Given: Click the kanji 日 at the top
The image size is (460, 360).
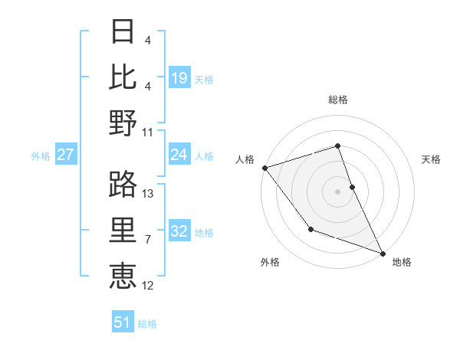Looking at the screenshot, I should tap(123, 32).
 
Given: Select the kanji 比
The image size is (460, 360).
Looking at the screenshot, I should tap(123, 77).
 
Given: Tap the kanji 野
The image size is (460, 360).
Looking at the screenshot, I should tap(123, 123).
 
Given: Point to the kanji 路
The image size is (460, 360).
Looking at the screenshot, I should tap(123, 184).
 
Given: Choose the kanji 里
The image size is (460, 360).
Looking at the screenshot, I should tap(123, 230).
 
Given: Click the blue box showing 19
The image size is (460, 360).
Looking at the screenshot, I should tap(179, 77).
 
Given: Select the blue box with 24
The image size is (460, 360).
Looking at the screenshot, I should tap(179, 155).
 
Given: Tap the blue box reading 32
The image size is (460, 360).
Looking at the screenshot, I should tap(179, 232).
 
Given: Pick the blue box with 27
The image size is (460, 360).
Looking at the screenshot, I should tap(66, 155).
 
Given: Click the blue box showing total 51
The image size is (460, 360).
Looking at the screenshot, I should tap(123, 322).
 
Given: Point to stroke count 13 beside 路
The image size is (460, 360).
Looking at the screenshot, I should tap(149, 193).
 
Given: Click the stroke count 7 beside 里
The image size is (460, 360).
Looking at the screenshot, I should tap(149, 240).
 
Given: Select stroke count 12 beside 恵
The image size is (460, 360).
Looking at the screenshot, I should tap(149, 286).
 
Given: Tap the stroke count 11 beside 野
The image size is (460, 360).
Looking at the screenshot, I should tap(149, 132).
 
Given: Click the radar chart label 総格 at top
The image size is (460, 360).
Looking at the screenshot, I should tap(338, 100).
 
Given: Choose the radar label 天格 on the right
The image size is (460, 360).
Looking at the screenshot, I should tap(432, 159).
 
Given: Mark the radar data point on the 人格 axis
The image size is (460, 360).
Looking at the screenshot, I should tap(264, 167).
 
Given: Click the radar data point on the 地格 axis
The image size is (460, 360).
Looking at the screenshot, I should tap(383, 253).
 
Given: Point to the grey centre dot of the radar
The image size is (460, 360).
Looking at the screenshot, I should tap(337, 191).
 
